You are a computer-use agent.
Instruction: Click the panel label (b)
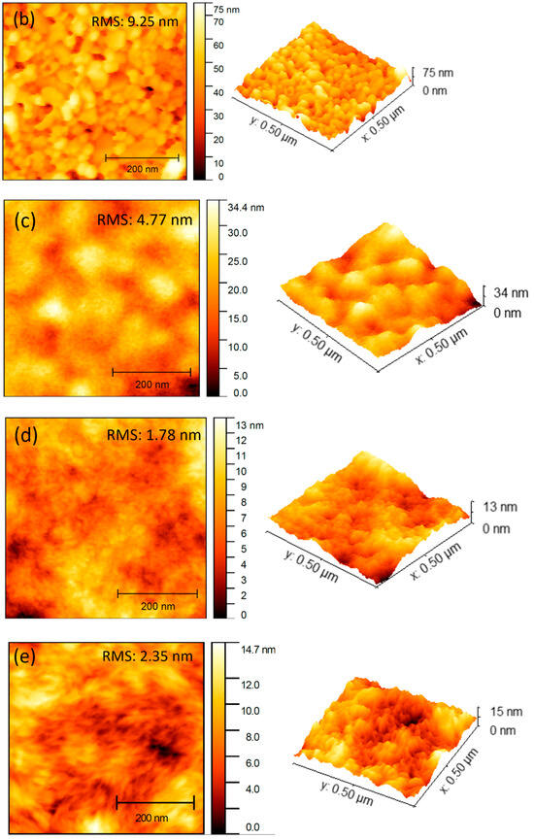(21, 17)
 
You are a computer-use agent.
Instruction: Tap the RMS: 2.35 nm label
(149, 656)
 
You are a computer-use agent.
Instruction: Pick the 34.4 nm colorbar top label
(243, 208)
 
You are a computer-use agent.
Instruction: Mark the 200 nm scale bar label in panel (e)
(154, 817)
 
